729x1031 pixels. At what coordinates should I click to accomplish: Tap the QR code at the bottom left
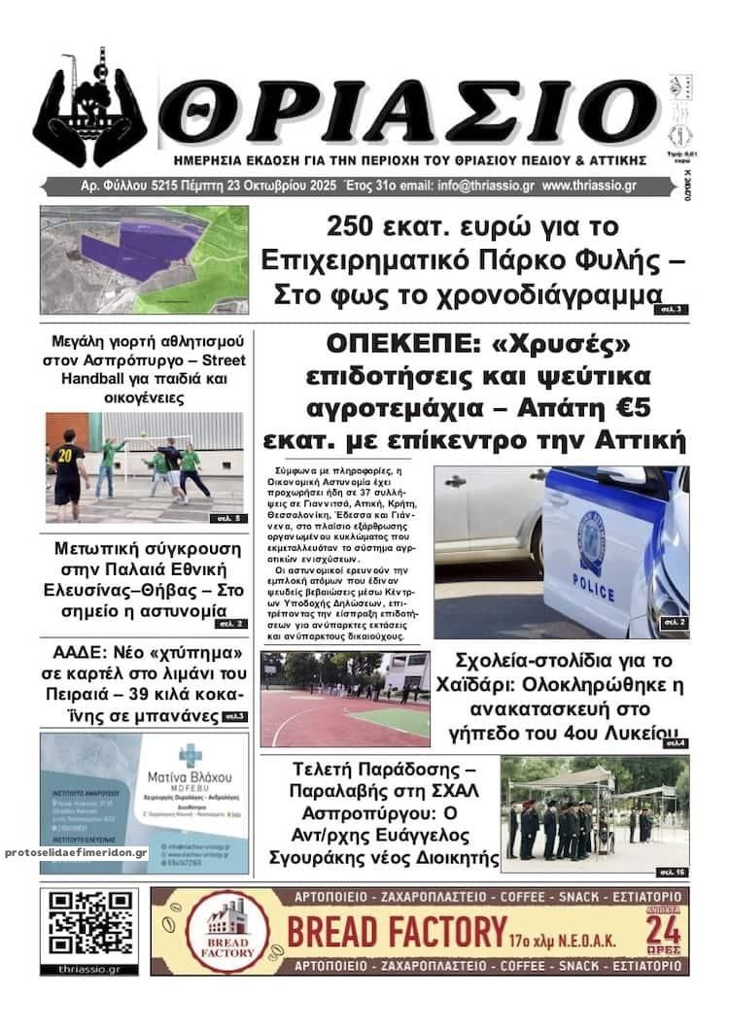pyautogui.click(x=88, y=923)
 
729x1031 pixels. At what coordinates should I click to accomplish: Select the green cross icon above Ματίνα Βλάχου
pyautogui.click(x=191, y=754)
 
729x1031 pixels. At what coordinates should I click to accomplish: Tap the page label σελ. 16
pyautogui.click(x=672, y=869)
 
